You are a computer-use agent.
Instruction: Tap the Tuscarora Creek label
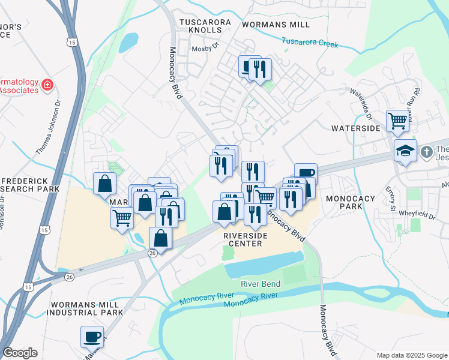(x=310, y=42)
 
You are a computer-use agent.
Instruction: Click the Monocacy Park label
(x=350, y=202)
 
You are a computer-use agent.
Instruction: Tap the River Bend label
(x=261, y=283)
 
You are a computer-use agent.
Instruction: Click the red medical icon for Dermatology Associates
(x=47, y=86)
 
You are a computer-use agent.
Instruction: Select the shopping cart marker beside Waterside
(x=397, y=120)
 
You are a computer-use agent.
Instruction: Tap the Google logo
(x=20, y=352)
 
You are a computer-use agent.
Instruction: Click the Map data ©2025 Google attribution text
(x=411, y=355)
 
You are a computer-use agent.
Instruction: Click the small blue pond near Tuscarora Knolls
(x=128, y=42)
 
